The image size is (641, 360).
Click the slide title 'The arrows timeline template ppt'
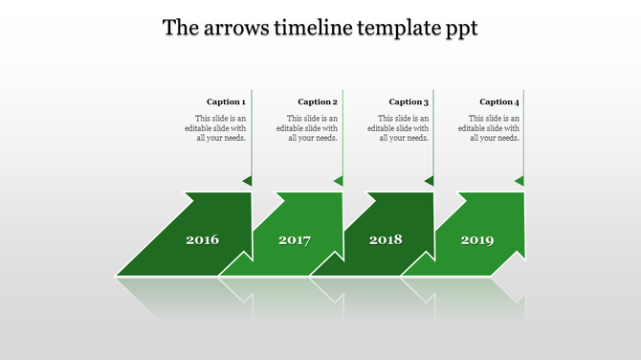pos(320,27)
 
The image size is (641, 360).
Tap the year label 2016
pos(202,239)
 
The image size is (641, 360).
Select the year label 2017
pos(295,239)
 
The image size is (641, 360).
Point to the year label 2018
pos(386,239)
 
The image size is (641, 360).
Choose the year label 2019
pos(477,239)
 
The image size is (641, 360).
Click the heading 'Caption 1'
pos(227,101)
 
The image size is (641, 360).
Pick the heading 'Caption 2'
pos(318,101)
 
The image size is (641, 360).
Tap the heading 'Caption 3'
pos(409,101)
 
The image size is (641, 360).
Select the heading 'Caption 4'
pos(499,101)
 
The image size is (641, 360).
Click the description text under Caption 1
pos(221,127)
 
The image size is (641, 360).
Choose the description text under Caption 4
pos(494,127)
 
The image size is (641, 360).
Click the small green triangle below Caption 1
pos(248,180)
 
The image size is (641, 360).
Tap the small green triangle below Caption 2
pos(339,180)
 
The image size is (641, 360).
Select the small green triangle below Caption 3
pos(430,180)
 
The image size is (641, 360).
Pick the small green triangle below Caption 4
pos(519,180)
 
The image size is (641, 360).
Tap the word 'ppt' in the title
pos(459,29)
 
